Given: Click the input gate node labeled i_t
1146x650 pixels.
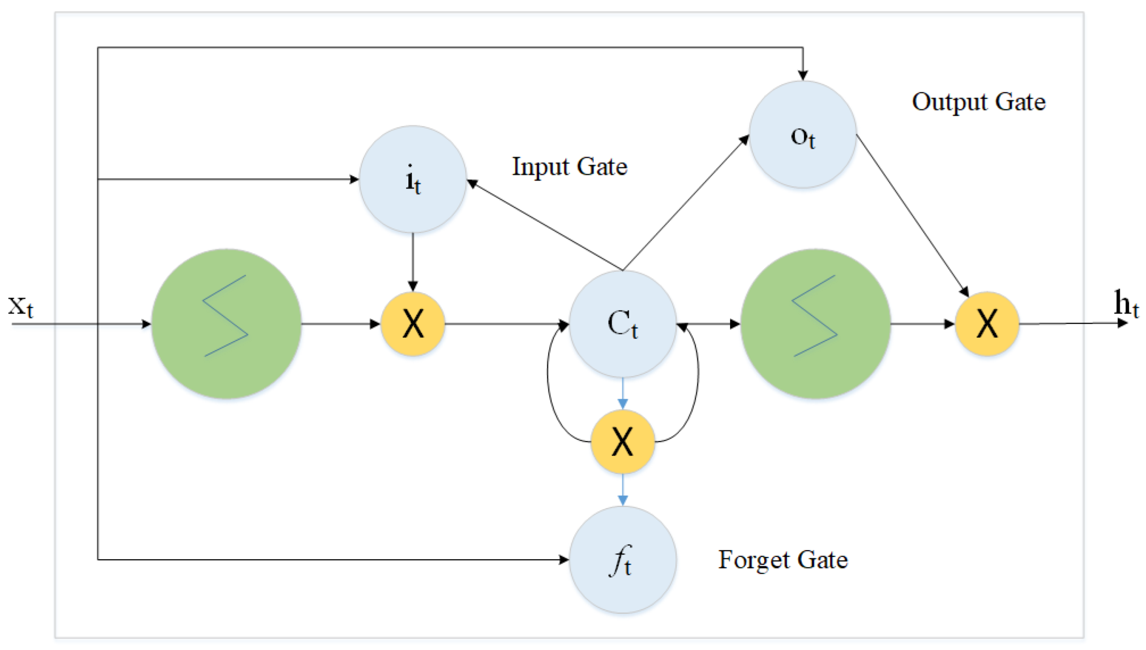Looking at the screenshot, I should click(413, 179).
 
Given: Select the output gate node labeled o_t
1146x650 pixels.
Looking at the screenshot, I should click(803, 134).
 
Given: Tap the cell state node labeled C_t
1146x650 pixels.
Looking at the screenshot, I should click(623, 324).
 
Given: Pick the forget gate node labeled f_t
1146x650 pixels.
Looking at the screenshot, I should click(623, 560).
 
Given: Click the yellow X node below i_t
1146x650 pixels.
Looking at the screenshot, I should click(413, 324).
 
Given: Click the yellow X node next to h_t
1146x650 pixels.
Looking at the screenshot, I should click(987, 324).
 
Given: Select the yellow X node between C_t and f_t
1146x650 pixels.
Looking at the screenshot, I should click(623, 442).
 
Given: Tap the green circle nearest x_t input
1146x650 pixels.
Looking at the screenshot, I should click(226, 324).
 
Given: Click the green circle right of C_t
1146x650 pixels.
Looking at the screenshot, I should click(816, 324).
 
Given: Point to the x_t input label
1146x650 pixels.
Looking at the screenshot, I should click(20, 306).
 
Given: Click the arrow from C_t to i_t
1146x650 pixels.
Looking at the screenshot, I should click(544, 225).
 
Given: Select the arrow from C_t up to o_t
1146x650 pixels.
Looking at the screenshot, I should click(686, 203).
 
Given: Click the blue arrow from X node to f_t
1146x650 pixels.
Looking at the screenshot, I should click(623, 490).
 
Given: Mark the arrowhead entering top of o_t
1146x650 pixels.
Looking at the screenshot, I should click(803, 75).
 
